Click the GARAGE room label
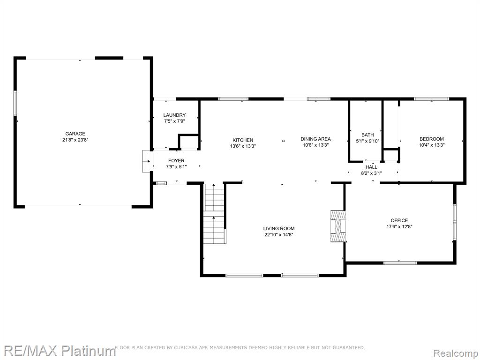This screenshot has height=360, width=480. [x=75, y=134]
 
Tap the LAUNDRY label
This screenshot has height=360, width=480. [x=174, y=115]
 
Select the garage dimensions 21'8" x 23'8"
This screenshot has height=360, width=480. [x=75, y=140]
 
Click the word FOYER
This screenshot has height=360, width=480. [x=176, y=160]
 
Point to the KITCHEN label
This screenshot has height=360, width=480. [x=243, y=140]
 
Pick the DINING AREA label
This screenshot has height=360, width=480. [x=315, y=139]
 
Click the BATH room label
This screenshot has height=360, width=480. [x=367, y=135]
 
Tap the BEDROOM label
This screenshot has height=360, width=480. [x=432, y=139]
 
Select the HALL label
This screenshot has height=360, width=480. [x=371, y=167]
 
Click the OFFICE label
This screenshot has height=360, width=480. [x=399, y=220]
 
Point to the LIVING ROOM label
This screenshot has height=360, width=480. [x=279, y=228]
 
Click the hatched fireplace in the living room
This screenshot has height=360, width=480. [x=338, y=226]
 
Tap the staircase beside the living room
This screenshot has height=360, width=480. [x=215, y=213]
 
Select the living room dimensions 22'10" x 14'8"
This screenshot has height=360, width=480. [x=279, y=235]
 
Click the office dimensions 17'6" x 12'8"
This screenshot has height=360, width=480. [x=399, y=227]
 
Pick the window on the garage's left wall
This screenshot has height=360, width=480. [x=15, y=103]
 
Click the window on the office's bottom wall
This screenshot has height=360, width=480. [x=400, y=262]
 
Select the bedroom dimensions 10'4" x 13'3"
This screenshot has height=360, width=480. [x=432, y=145]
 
